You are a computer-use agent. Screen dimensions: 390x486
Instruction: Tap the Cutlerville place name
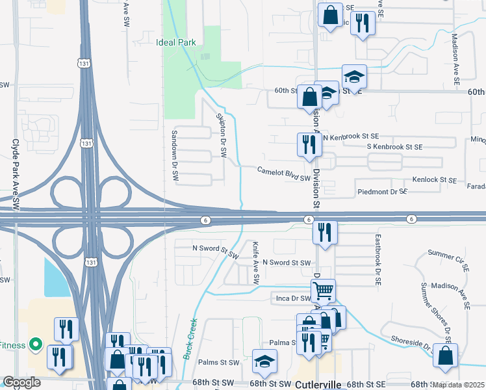318,385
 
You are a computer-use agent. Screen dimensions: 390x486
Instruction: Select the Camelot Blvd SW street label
285,174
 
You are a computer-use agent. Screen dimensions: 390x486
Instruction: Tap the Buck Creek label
190,337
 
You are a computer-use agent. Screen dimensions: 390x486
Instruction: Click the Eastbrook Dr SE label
376,261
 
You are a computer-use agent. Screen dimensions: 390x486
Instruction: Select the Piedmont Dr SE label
382,192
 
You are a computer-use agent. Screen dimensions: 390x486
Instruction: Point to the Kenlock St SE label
435,179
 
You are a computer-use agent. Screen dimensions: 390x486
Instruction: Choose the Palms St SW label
220,363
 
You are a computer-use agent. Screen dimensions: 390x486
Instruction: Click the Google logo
21,383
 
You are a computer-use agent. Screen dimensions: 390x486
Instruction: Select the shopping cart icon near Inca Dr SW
323,290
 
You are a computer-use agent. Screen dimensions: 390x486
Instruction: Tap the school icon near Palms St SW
264,361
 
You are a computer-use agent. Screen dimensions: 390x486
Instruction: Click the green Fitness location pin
36,344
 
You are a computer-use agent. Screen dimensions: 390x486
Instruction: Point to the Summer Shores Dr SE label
435,313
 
